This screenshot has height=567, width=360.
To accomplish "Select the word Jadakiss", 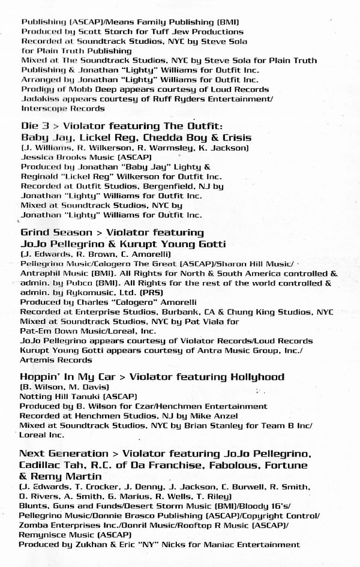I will click(x=38, y=99).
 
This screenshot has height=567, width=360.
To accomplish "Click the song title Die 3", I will click(x=34, y=126).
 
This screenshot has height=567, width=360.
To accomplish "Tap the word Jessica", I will click(x=37, y=157).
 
